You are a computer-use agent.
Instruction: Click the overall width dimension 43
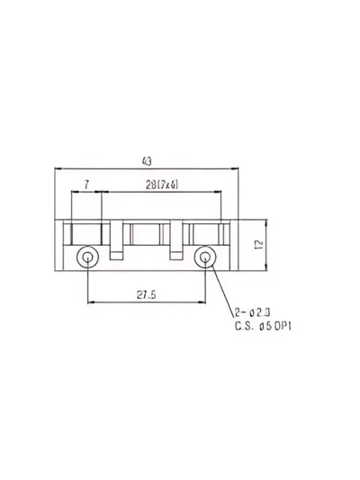[x=147, y=161]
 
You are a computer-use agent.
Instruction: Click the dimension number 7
[x=87, y=185]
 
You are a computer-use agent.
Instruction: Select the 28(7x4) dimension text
[x=162, y=185]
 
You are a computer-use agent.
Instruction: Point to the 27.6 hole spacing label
[x=147, y=295]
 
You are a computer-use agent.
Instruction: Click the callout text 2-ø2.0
[x=252, y=312]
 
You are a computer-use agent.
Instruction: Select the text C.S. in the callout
[x=244, y=326]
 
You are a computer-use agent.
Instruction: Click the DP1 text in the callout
[x=283, y=326]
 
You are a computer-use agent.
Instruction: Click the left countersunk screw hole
[x=87, y=258]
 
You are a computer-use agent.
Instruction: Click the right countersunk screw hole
[x=205, y=258]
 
